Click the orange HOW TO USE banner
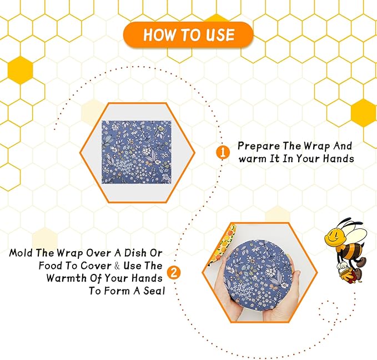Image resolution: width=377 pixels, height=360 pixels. pos(188,34)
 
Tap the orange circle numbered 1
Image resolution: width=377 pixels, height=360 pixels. pos(223,152)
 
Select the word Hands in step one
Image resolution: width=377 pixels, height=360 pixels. pos(340,158)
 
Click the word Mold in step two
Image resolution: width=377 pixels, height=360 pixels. pos(21,253)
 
